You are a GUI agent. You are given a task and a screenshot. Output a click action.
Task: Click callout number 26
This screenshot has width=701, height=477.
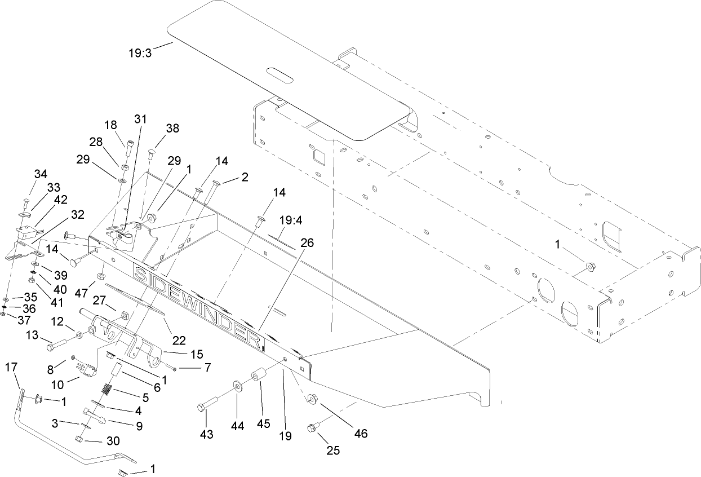[x=307, y=243]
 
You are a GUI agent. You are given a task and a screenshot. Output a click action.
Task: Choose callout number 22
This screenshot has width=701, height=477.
[x=179, y=340]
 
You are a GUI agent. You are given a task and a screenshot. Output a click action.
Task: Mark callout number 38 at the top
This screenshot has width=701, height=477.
[x=172, y=128]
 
